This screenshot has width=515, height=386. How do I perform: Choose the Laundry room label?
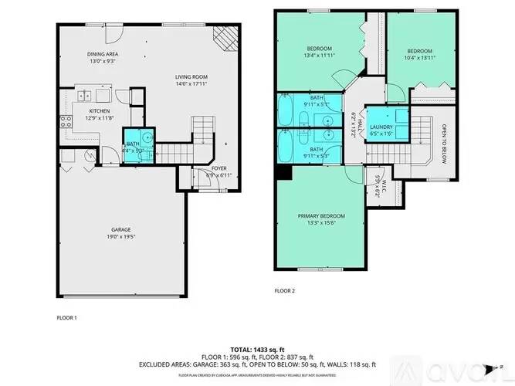coord(381,130)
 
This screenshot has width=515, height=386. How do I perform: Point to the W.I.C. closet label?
coord(377,185)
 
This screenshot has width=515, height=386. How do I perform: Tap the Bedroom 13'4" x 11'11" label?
coord(317,52)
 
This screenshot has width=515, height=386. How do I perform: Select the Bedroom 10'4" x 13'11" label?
coord(418,54)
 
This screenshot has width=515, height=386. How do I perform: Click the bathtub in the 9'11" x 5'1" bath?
coord(285,110)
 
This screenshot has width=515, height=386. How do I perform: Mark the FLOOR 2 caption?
coord(284,291)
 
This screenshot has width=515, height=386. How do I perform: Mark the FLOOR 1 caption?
coord(66,317)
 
